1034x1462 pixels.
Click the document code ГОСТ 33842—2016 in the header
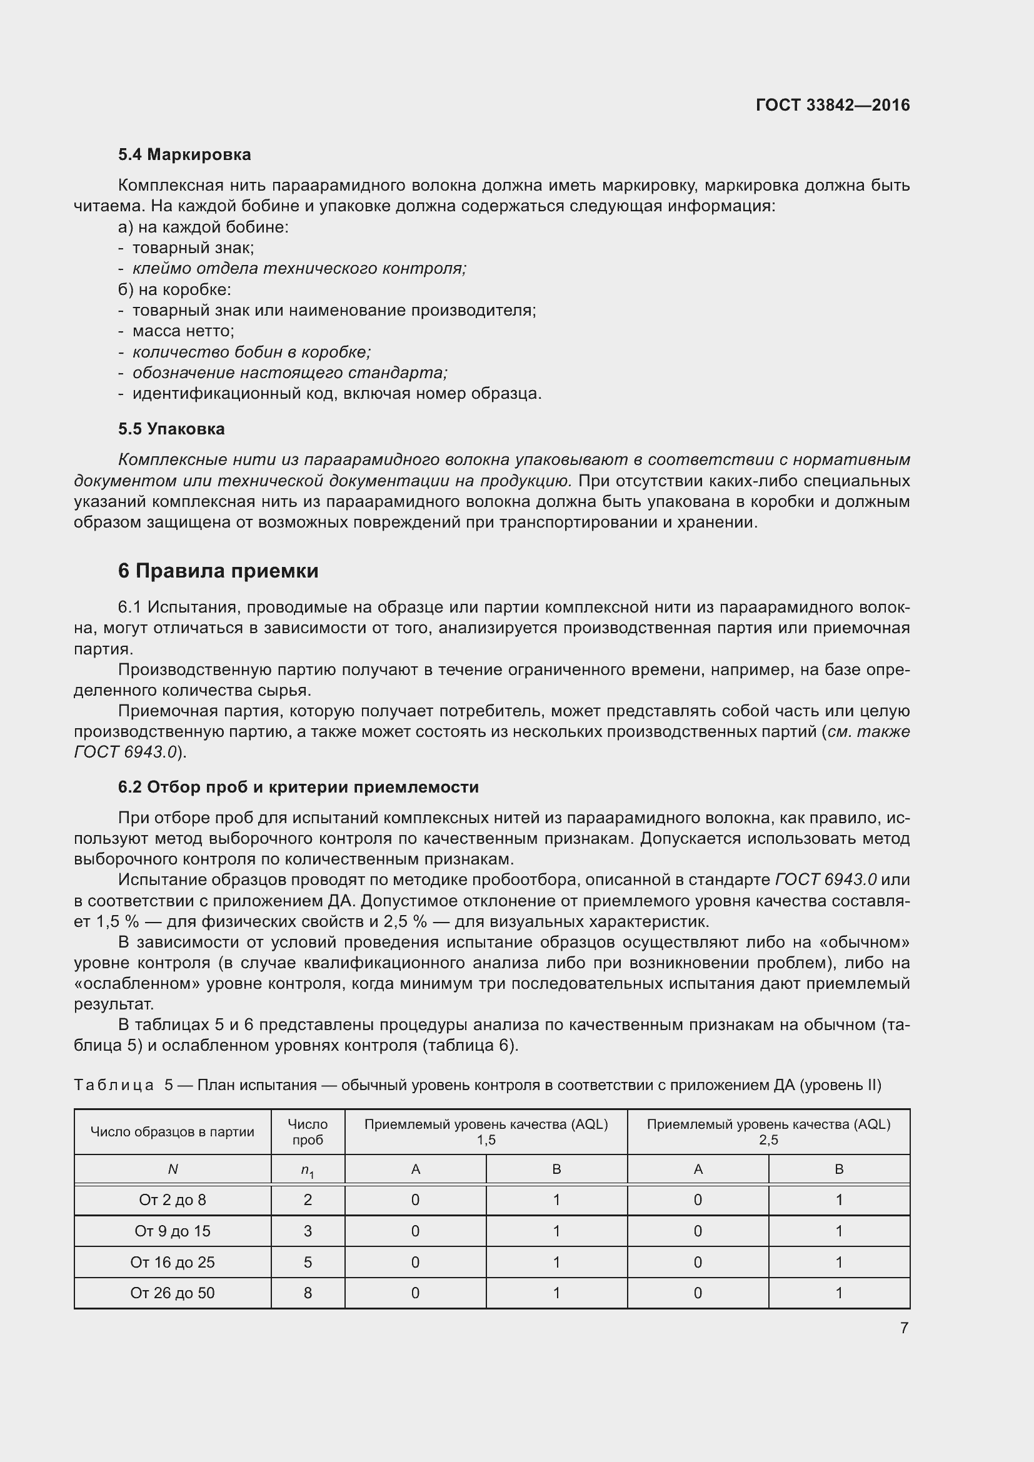(x=832, y=105)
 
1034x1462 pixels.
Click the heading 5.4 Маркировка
(x=184, y=155)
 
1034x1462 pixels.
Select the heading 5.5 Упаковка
(x=171, y=429)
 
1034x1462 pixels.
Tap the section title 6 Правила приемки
(x=218, y=571)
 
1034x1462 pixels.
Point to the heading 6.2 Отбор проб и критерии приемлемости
(x=298, y=787)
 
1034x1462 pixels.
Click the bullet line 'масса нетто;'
(x=183, y=331)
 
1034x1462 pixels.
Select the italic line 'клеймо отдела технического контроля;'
(x=299, y=269)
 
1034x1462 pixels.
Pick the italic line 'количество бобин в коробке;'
(x=251, y=352)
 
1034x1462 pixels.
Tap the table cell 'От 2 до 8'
(x=173, y=1199)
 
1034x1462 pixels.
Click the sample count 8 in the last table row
(x=308, y=1293)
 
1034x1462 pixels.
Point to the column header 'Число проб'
(x=308, y=1131)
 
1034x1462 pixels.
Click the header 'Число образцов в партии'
(x=173, y=1131)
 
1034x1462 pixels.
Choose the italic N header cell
(x=173, y=1169)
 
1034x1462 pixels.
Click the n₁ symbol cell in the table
(x=308, y=1169)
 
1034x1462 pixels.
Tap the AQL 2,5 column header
(x=768, y=1131)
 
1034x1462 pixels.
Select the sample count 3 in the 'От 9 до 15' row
(x=308, y=1231)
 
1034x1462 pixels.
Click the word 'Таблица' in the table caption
(x=114, y=1085)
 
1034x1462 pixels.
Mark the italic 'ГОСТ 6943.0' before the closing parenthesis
(x=125, y=752)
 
